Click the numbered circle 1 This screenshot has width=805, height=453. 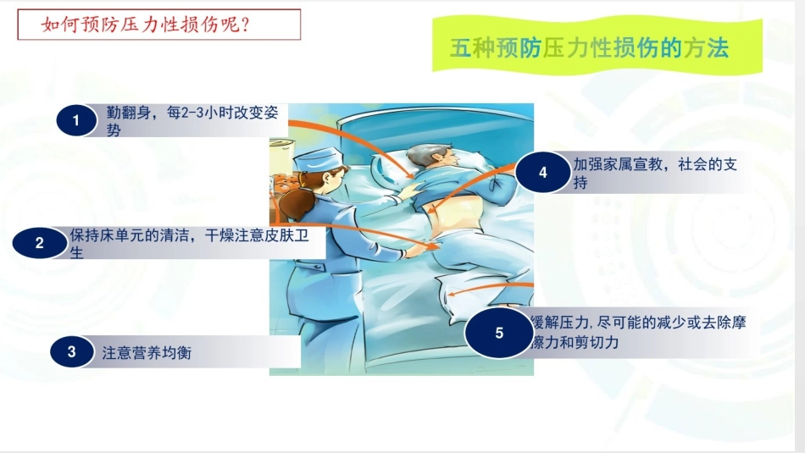coord(76,121)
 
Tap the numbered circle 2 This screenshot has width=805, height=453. coord(39,244)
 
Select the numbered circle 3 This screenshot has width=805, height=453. coord(72,353)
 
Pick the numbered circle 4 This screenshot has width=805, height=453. coord(543,173)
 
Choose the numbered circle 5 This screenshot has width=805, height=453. coord(499,332)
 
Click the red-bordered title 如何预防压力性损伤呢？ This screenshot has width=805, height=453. coord(159,25)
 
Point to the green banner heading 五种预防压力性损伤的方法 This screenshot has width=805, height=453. coord(589,48)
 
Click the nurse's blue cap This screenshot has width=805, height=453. coord(320,158)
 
